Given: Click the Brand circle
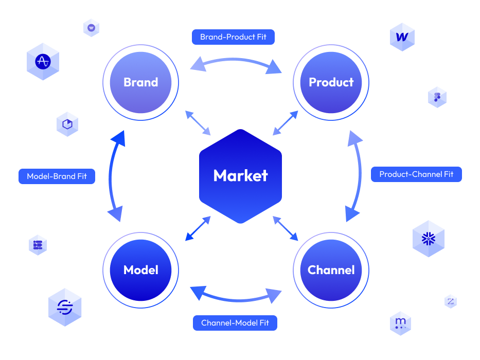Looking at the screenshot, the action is click(x=140, y=82).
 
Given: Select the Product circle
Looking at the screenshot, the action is click(x=331, y=82).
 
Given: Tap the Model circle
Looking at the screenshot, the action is click(x=140, y=270).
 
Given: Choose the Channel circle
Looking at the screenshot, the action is click(x=331, y=270).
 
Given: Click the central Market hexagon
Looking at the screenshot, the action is click(x=240, y=176).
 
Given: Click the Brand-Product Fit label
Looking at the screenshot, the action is click(x=233, y=37).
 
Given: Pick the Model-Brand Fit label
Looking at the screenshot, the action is click(x=57, y=176).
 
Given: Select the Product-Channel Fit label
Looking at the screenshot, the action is click(x=416, y=174).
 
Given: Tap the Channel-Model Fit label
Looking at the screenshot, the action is click(x=235, y=323).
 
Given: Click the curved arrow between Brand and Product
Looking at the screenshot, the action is click(x=235, y=60).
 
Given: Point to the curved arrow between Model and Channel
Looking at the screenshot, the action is click(x=236, y=300).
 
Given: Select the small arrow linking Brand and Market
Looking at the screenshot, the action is click(x=198, y=123).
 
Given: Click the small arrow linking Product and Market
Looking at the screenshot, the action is click(x=286, y=123).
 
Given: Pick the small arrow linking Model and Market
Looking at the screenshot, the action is click(x=198, y=228).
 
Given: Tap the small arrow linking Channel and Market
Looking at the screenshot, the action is click(x=286, y=228).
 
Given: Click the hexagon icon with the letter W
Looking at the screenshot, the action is click(x=402, y=37).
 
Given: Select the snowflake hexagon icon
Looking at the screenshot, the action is click(x=429, y=239).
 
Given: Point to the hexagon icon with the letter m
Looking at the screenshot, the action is click(x=400, y=323).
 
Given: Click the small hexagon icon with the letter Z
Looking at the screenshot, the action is click(x=451, y=301).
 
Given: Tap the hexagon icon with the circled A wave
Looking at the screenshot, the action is click(x=43, y=62).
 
